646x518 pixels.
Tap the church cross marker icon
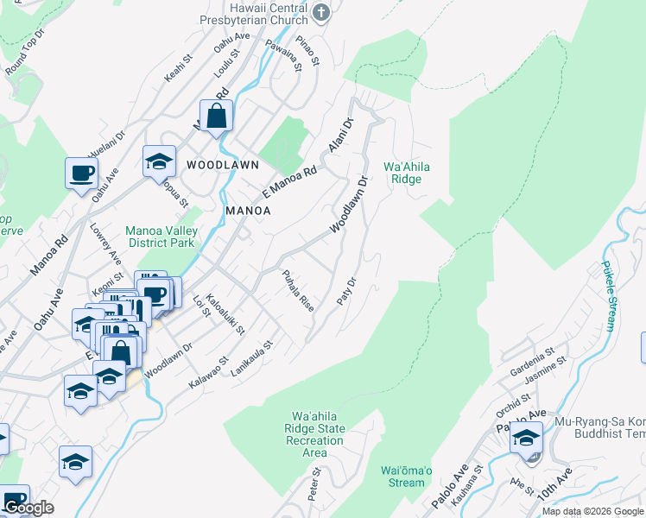coord(321,11)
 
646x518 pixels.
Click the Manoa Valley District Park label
coord(161,237)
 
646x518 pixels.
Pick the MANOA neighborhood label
coord(249,211)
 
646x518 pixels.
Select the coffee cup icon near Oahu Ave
coord(81,173)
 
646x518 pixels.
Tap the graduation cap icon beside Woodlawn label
coord(159,161)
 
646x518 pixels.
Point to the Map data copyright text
coord(592,511)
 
